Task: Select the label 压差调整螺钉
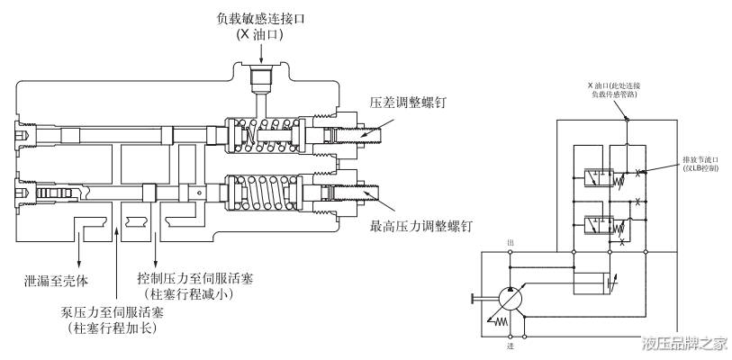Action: (x=411, y=103)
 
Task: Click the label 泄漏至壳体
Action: (x=65, y=278)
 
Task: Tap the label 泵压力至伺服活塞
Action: (x=106, y=310)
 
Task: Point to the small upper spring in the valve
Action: (x=275, y=137)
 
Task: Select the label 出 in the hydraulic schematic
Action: (x=511, y=243)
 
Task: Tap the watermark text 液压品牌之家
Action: (x=683, y=343)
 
